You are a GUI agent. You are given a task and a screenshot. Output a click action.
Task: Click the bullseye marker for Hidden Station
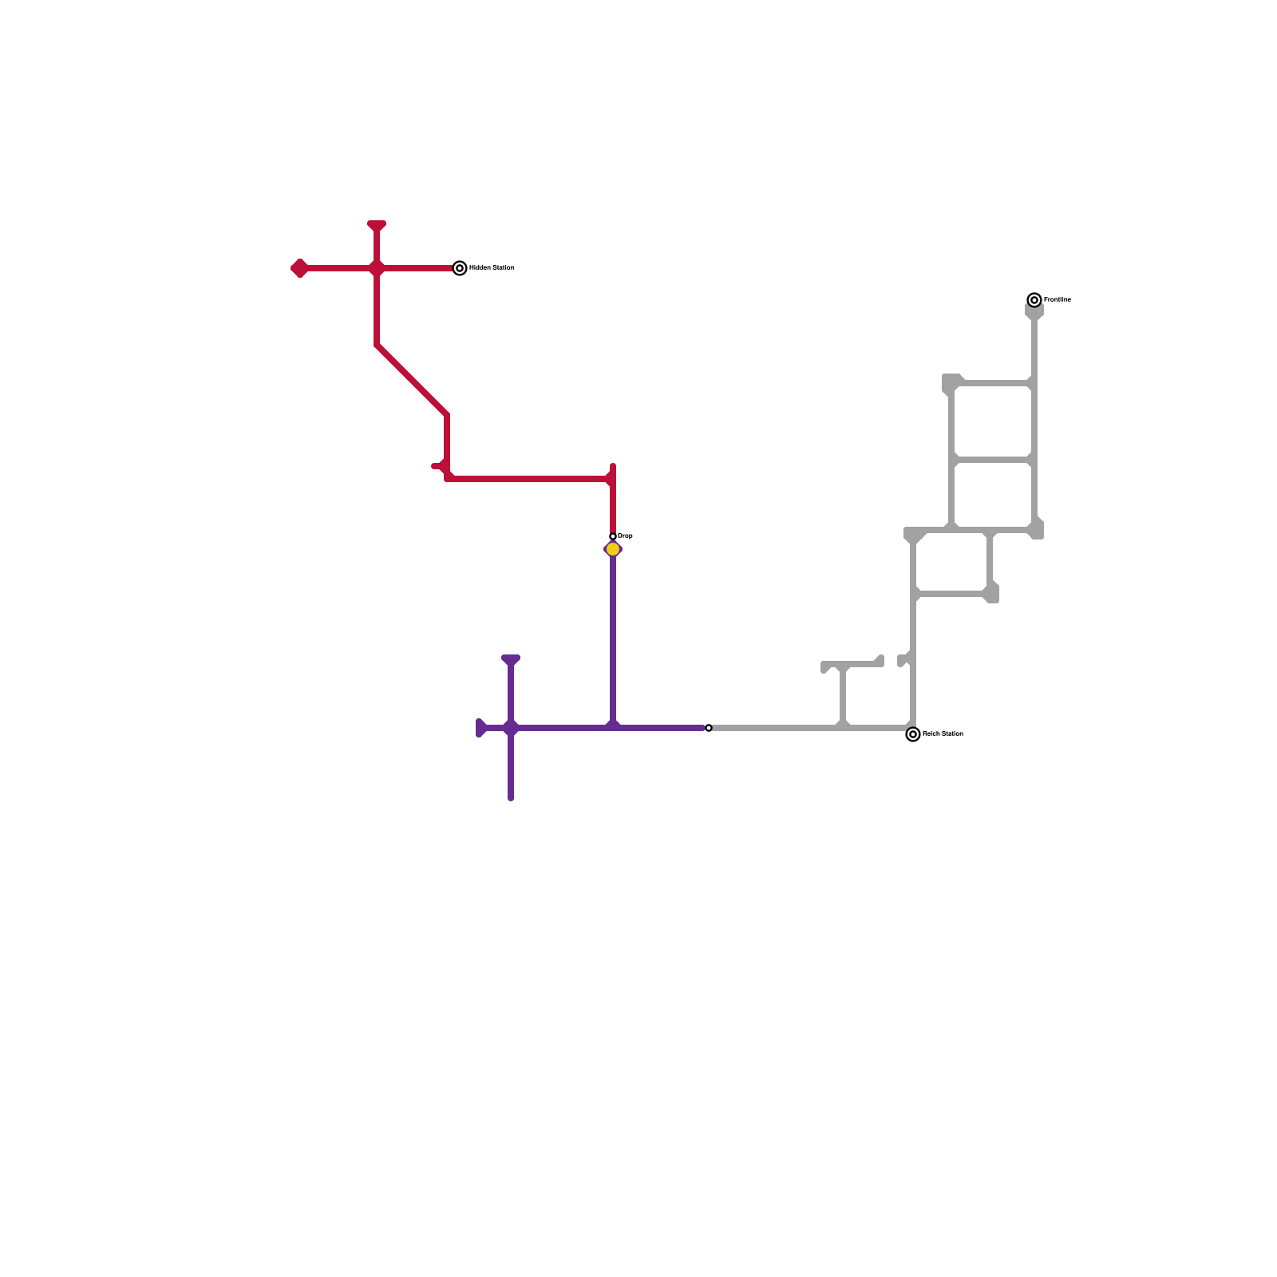pyautogui.click(x=460, y=268)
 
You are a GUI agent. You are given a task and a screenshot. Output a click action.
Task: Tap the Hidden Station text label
pyautogui.click(x=492, y=268)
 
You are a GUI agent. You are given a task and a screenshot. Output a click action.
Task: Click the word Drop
pyautogui.click(x=625, y=536)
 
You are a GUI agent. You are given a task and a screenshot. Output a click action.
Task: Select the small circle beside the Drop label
pyautogui.click(x=613, y=537)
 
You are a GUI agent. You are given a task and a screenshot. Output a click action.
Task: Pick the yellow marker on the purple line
pyautogui.click(x=613, y=549)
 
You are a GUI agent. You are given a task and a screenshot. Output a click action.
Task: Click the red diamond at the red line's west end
pyautogui.click(x=299, y=268)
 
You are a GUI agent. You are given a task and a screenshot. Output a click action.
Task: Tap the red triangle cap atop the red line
pyautogui.click(x=377, y=226)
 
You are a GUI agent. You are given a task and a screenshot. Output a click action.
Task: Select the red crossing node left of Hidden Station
pyautogui.click(x=377, y=268)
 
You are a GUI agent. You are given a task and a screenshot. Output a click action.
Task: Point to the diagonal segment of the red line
pyautogui.click(x=412, y=380)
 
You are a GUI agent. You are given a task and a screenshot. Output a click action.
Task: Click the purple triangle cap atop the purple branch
pyautogui.click(x=511, y=660)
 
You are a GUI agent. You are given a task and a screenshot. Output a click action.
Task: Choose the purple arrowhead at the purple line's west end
pyautogui.click(x=481, y=728)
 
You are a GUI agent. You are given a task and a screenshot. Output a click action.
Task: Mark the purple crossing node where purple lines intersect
pyautogui.click(x=511, y=728)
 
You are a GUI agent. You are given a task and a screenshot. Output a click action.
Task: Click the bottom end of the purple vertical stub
pyautogui.click(x=511, y=797)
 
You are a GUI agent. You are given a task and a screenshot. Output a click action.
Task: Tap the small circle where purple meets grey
pyautogui.click(x=709, y=728)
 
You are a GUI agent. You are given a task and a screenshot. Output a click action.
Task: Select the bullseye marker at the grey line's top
pyautogui.click(x=1034, y=300)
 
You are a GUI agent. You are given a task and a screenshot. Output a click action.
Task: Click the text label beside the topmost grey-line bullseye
pyautogui.click(x=1058, y=300)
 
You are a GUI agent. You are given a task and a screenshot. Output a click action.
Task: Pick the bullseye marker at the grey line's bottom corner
pyautogui.click(x=913, y=734)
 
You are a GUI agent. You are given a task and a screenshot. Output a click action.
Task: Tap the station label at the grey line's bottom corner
pyautogui.click(x=943, y=734)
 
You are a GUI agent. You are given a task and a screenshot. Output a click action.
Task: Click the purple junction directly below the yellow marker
pyautogui.click(x=613, y=725)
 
